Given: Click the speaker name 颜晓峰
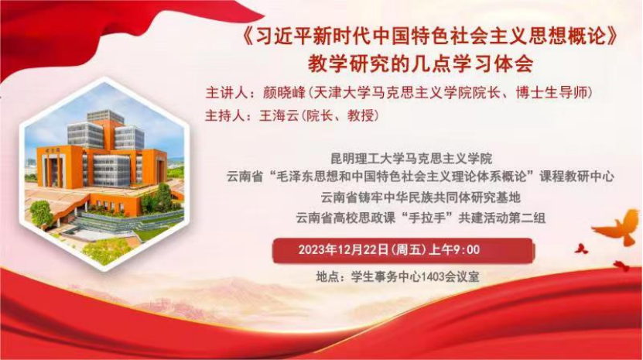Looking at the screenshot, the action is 284,93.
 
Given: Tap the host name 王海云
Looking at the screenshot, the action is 279,116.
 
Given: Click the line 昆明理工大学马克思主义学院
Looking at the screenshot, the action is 412,158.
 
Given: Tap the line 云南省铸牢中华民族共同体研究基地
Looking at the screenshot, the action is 420,197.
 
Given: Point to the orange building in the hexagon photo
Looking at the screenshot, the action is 102,164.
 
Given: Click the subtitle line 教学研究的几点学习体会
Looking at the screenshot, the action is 420,63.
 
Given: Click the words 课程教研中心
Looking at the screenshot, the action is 577,177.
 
